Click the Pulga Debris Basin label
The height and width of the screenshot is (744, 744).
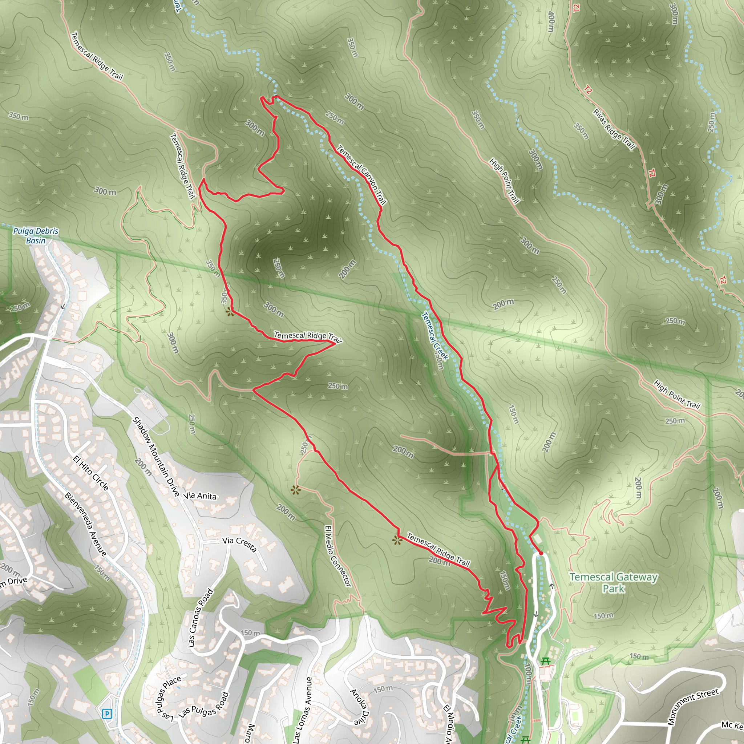coord(36,236)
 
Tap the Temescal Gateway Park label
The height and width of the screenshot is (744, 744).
coord(614,582)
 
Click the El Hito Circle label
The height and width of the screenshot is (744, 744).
coord(91,473)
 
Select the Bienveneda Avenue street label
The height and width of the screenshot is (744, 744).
coord(85,525)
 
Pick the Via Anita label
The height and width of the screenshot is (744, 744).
coord(200,496)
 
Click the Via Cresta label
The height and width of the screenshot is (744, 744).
coord(239,544)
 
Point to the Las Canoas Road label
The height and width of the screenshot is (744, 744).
coord(201,618)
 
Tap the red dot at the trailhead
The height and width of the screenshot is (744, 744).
coord(541,553)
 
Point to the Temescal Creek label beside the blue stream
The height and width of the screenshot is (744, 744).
coord(435,336)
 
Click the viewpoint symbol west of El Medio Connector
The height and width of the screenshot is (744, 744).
coord(295,490)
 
